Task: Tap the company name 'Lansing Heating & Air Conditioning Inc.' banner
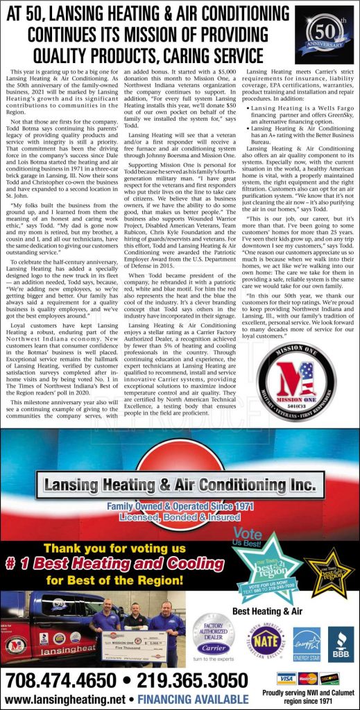pyautogui.click(x=179, y=483)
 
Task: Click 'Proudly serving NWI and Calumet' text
pyautogui.click(x=308, y=695)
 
